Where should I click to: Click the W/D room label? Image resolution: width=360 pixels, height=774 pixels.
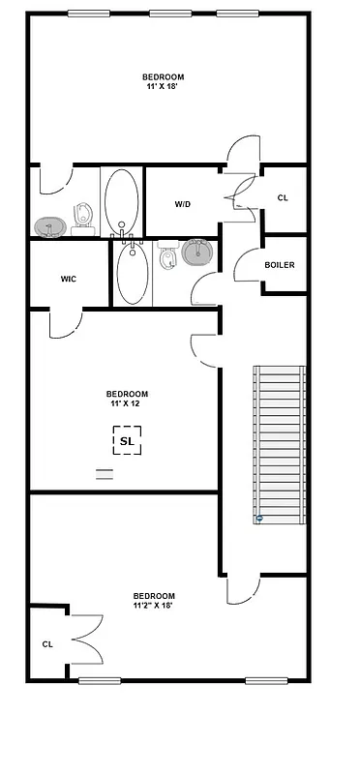click(x=182, y=204)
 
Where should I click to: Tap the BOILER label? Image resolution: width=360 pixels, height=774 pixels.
click(x=280, y=264)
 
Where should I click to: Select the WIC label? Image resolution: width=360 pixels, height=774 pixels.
click(x=68, y=279)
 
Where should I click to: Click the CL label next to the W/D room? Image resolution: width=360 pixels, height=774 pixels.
click(x=283, y=197)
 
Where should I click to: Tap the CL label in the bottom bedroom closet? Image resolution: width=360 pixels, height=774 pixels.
click(x=46, y=643)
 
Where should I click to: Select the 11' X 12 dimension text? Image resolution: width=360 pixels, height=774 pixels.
click(x=127, y=403)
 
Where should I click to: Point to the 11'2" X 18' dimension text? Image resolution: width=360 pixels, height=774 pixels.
click(x=154, y=606)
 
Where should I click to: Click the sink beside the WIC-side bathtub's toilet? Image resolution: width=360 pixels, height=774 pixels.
click(x=198, y=253)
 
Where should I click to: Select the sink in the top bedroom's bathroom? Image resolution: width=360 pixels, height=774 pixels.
click(x=49, y=225)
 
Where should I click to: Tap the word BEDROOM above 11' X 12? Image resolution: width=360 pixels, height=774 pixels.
click(x=127, y=393)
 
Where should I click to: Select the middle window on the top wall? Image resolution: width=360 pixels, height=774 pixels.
click(x=164, y=13)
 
